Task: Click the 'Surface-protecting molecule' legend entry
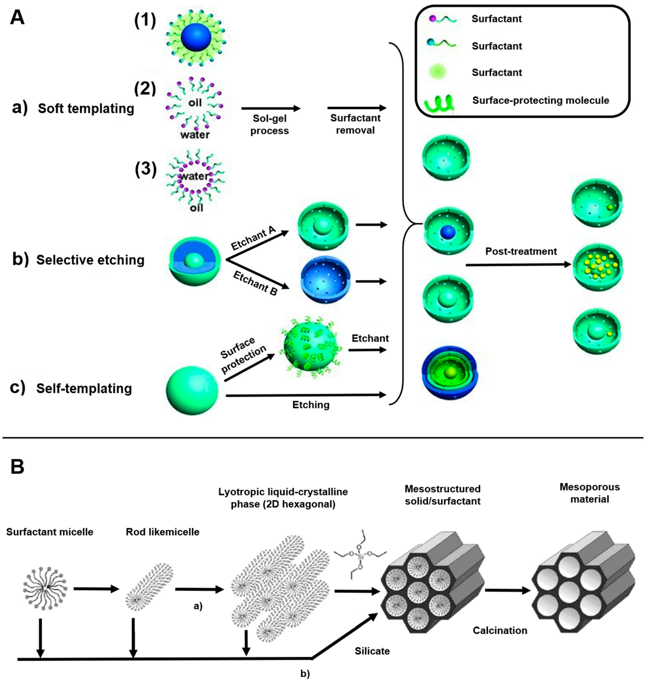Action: [541, 100]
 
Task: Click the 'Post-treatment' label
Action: [521, 251]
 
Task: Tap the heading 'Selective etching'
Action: [90, 260]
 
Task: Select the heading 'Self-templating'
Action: [84, 388]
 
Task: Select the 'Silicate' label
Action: [372, 651]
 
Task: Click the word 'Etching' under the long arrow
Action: [311, 405]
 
